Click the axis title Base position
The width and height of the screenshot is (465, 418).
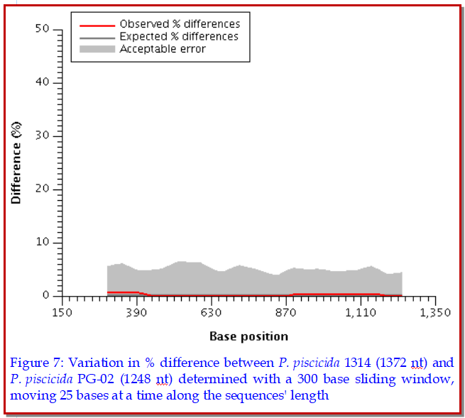coord(248,336)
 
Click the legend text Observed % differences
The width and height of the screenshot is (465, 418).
coord(180,24)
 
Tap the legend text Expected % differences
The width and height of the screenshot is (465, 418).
coord(179,36)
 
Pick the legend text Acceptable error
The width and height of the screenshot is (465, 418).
coord(163,48)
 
